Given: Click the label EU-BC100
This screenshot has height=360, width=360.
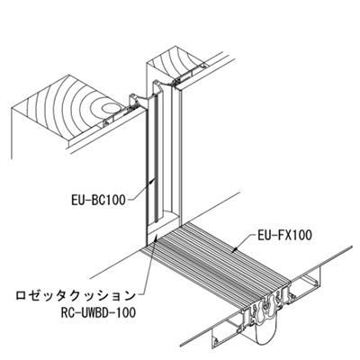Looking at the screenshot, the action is tap(98, 200).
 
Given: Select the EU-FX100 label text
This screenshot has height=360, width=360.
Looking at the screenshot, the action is tap(284, 235).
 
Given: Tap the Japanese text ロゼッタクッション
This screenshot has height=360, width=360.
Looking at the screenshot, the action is tap(76, 296).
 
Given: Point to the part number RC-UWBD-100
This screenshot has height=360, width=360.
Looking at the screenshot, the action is tap(98, 312).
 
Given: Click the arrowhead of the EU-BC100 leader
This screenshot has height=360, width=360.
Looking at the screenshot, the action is tap(153, 179).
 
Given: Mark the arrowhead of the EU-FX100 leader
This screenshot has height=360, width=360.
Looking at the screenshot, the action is tap(236, 248).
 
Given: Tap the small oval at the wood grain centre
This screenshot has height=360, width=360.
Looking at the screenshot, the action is tap(111, 107).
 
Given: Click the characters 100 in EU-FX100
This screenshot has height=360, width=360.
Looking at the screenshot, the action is tap(301, 235).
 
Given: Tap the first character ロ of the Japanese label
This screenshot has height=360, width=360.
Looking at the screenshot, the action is tap(21, 296).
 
